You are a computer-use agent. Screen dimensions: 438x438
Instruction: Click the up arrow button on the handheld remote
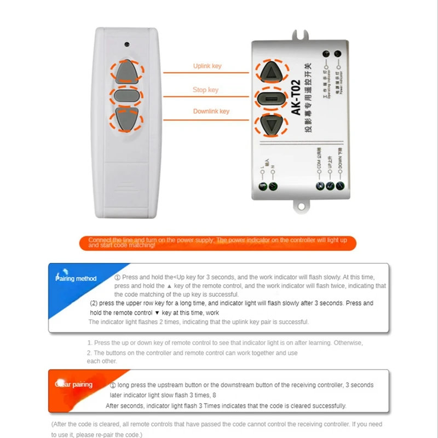[126, 70]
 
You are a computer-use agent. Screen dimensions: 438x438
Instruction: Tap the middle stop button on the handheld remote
[126, 96]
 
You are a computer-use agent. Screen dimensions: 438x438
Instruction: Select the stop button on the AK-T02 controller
[271, 99]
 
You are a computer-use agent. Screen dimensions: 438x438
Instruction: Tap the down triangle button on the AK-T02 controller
[271, 125]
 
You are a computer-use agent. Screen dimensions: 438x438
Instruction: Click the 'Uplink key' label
[207, 66]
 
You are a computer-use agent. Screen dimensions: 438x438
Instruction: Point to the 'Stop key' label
[205, 90]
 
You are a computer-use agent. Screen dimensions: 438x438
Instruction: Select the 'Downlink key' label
[211, 111]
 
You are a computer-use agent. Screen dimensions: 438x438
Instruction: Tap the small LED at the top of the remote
[127, 43]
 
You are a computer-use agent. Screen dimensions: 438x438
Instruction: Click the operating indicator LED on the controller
[327, 54]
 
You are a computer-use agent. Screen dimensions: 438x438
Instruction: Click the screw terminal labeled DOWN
[340, 186]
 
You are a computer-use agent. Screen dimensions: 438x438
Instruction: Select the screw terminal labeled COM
[319, 186]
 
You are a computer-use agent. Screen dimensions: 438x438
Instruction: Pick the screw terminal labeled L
[263, 186]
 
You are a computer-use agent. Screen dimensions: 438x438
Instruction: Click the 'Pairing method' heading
[76, 279]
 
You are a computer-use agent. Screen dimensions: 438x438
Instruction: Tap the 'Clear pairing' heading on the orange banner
[74, 384]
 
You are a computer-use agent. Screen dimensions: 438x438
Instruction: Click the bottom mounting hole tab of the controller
[301, 206]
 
